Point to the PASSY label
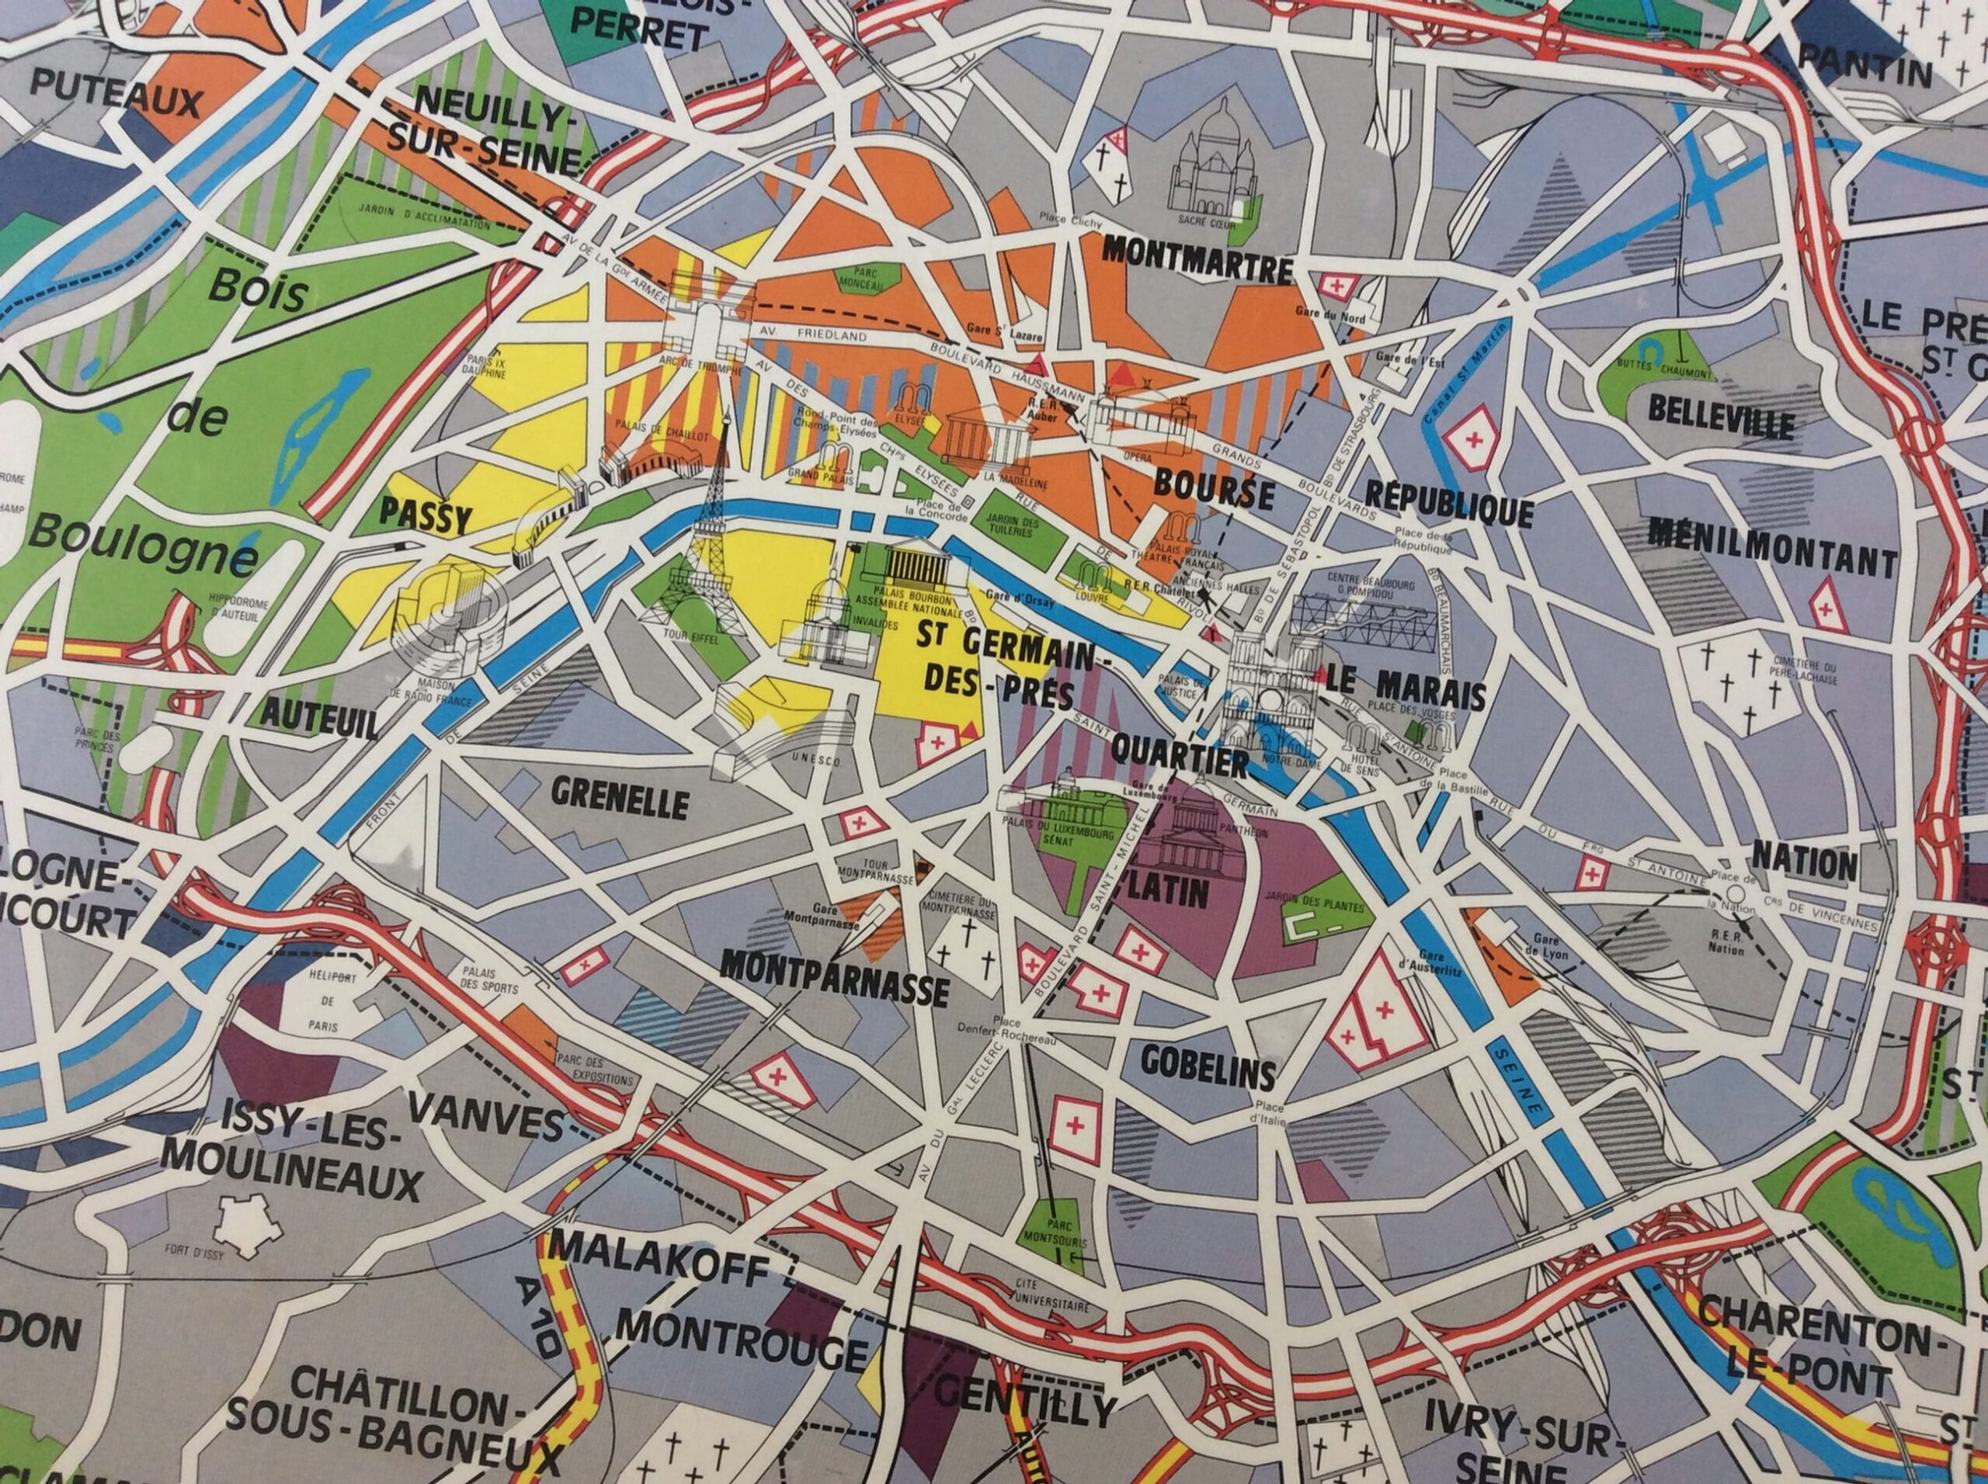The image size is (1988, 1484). tap(426, 515)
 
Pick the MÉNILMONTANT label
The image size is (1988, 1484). tap(1772, 548)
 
